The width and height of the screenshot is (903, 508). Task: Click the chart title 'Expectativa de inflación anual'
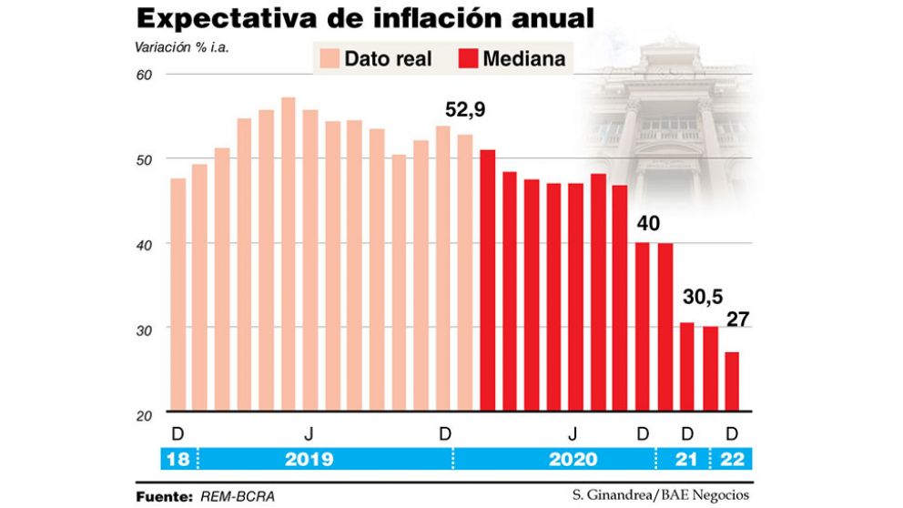click(365, 18)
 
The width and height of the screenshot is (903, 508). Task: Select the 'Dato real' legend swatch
click(329, 59)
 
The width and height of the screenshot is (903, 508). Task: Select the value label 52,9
click(465, 111)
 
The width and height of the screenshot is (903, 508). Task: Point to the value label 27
click(736, 320)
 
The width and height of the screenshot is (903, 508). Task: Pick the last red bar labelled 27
click(732, 382)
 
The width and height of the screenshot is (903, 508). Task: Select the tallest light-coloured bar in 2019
click(289, 254)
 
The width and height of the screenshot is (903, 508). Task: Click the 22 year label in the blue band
click(733, 459)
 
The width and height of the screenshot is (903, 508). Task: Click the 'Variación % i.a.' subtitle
click(182, 46)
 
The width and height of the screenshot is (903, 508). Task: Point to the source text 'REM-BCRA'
click(235, 496)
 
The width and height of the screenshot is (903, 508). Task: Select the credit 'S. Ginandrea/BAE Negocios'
click(662, 495)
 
